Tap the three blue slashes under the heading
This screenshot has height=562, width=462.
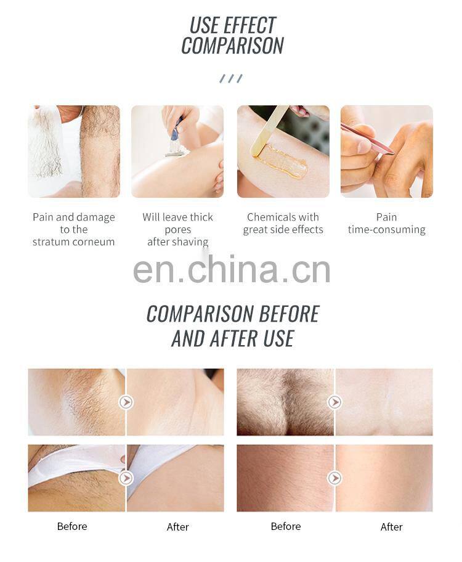click(x=231, y=78)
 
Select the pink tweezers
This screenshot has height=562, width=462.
click(x=367, y=139)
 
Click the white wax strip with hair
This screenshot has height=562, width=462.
click(x=46, y=144)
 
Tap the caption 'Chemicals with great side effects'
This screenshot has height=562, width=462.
click(x=283, y=223)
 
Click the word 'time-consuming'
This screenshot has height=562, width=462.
click(x=386, y=229)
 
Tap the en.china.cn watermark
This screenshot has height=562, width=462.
click(x=232, y=269)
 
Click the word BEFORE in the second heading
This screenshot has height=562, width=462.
click(x=289, y=314)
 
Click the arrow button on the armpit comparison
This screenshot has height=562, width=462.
click(x=126, y=402)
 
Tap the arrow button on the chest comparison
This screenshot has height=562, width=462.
click(x=334, y=402)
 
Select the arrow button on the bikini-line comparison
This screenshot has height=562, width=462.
click(x=126, y=478)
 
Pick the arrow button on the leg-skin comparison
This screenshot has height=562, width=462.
click(x=334, y=478)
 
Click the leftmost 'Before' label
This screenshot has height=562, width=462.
click(x=72, y=526)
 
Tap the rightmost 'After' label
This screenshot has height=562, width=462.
click(x=391, y=527)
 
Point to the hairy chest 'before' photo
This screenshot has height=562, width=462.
click(x=285, y=402)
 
